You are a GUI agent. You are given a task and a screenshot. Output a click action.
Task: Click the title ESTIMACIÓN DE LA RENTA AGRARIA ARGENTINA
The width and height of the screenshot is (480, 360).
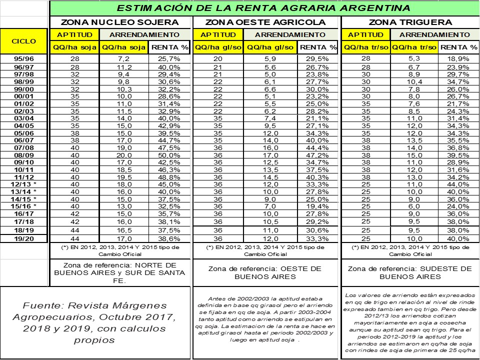click(263, 8)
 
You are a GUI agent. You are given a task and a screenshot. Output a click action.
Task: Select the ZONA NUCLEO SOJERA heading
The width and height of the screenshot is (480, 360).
click(119, 22)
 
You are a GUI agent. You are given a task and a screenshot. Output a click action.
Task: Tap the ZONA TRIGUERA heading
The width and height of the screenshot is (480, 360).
click(410, 22)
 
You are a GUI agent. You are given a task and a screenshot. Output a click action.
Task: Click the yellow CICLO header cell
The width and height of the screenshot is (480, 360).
click(24, 41)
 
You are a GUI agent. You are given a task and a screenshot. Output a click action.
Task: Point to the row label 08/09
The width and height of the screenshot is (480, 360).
click(24, 155)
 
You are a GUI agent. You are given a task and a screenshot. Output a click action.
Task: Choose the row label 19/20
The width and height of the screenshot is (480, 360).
click(24, 239)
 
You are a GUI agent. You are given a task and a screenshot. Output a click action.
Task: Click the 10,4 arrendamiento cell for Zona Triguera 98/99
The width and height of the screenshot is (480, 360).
click(413, 80)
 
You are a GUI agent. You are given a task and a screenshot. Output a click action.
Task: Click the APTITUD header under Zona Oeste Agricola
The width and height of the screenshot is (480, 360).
click(218, 34)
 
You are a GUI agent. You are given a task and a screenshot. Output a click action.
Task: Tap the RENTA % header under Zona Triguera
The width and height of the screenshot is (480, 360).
click(459, 47)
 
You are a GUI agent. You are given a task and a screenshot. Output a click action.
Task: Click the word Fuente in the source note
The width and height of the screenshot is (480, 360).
click(40, 305)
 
